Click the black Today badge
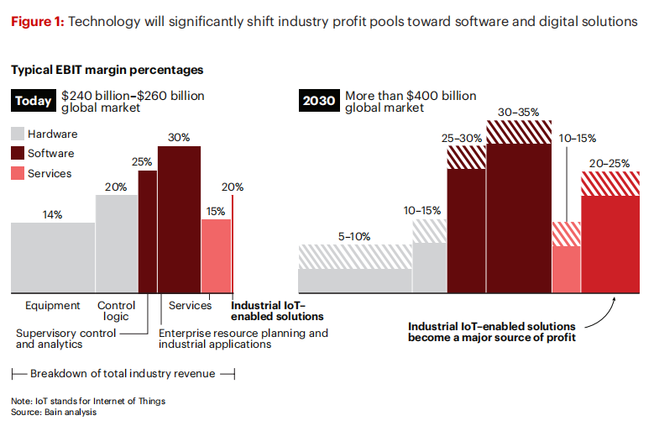pos(34,103)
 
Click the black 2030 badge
pos(319,103)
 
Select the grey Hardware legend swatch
pos(17,134)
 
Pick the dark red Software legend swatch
pos(17,154)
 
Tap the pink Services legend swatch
pos(17,174)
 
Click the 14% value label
pos(52,215)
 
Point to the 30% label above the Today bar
pos(179,138)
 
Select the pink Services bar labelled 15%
pos(216,255)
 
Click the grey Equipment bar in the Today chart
pos(52,257)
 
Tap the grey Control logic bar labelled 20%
pos(116,244)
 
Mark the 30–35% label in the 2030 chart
pos(518,112)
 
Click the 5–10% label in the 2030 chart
pos(354,237)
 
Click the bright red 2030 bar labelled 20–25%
pos(610,244)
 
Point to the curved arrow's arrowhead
pos(615,297)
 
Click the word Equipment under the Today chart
pos(52,306)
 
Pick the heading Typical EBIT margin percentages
pos(107,71)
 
